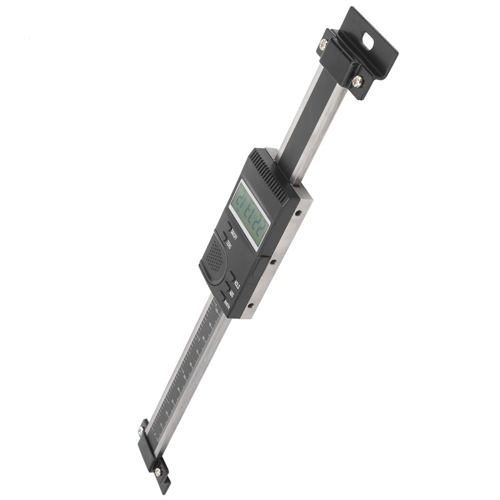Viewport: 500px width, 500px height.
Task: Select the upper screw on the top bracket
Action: click(323, 44)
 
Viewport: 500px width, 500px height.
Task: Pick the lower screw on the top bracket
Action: click(357, 81)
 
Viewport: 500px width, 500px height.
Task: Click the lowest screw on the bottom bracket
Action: click(158, 471)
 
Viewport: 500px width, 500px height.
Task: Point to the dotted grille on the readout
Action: click(214, 256)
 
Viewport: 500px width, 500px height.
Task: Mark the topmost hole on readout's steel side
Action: click(299, 212)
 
